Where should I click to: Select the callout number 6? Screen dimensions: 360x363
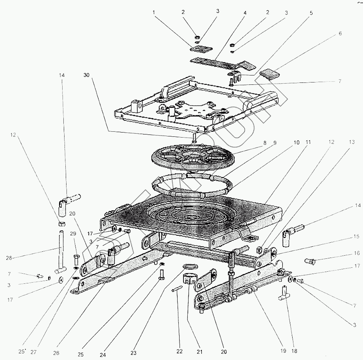340,34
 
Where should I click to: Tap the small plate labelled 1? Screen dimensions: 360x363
201,49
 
